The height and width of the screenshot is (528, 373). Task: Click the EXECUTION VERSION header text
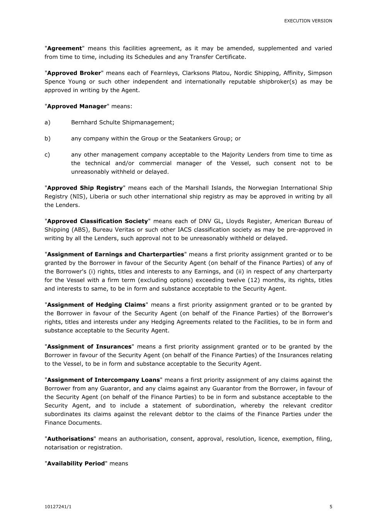(x=308, y=21)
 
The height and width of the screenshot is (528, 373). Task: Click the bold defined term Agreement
(x=65, y=48)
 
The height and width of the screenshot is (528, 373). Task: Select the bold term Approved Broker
(x=74, y=73)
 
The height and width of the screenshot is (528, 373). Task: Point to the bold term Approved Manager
(x=77, y=106)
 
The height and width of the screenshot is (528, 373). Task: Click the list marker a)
(x=48, y=123)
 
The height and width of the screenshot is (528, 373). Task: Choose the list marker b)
(x=48, y=138)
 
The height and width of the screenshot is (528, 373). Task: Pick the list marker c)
(x=47, y=155)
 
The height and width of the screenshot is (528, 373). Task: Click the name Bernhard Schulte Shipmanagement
(x=123, y=123)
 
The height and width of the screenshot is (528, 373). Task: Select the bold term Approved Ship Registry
(x=85, y=188)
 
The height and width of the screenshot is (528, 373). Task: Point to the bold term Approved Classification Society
(x=97, y=221)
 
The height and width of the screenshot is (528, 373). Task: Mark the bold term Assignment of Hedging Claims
(x=96, y=305)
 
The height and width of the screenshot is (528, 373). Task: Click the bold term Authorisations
(x=70, y=439)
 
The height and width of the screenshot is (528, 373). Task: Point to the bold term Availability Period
(x=76, y=463)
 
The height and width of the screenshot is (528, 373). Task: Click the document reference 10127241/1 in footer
(x=58, y=507)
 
